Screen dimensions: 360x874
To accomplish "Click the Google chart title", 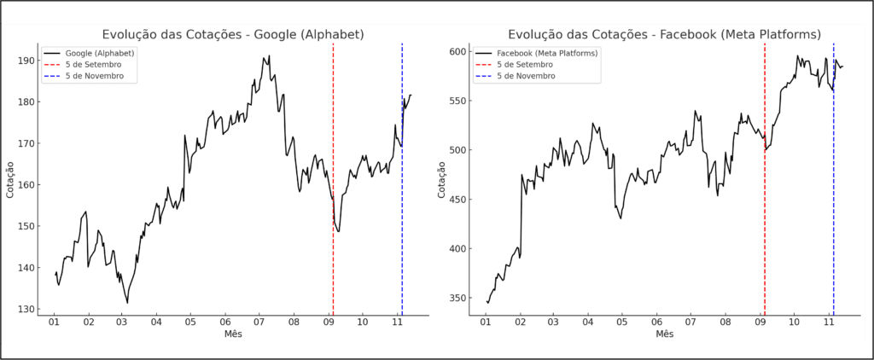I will click(233, 34).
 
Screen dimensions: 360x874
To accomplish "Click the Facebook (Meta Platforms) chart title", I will click(664, 34).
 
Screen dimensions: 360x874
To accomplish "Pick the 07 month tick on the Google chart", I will click(259, 322).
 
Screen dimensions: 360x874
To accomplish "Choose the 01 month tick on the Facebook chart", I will click(486, 322).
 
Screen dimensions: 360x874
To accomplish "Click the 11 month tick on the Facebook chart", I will click(828, 322).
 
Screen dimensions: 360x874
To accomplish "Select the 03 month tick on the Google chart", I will click(122, 322).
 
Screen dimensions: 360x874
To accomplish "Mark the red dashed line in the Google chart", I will click(333, 171).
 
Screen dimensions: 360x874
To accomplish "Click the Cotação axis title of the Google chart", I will click(9, 179).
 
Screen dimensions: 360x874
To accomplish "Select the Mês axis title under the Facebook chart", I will click(664, 334).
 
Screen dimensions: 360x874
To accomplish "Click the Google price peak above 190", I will click(269, 56).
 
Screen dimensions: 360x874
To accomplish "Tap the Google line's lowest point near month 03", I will click(127, 302).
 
